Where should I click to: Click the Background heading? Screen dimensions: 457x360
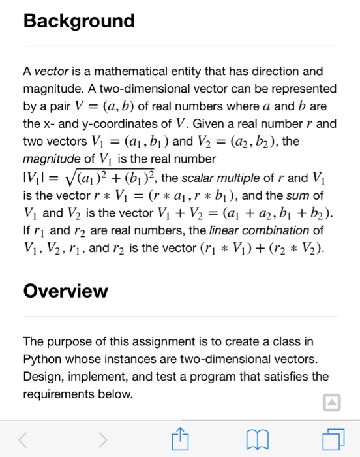(79, 22)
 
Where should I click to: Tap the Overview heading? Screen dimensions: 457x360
(65, 291)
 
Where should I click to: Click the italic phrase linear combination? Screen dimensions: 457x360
(260, 230)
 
